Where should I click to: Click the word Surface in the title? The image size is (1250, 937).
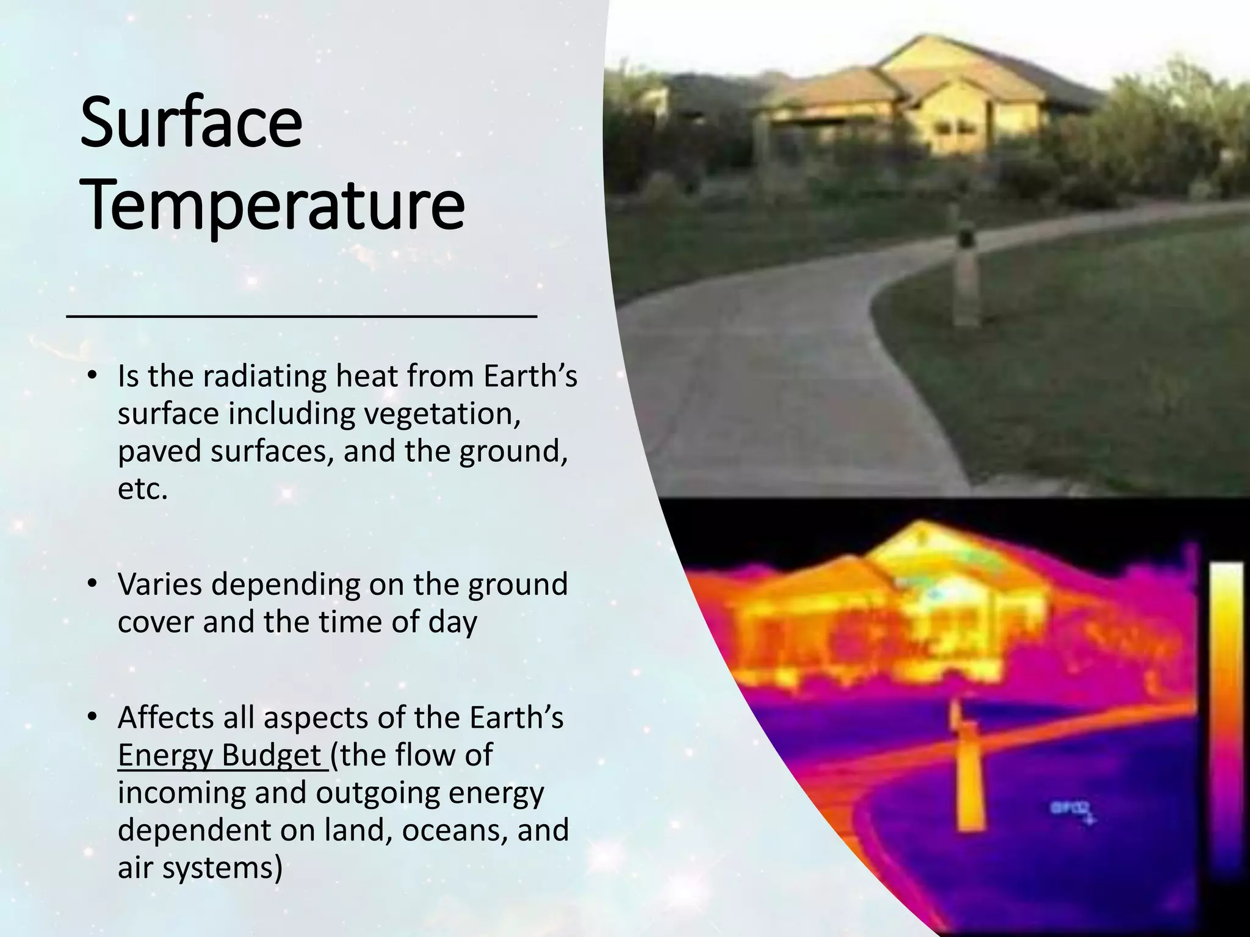coord(191,126)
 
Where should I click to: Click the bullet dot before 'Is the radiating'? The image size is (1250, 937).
coord(92,376)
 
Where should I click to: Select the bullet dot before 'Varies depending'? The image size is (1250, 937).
coord(92,584)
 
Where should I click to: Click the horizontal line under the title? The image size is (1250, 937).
coord(302,315)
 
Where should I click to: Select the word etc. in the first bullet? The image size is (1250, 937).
coord(142,489)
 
